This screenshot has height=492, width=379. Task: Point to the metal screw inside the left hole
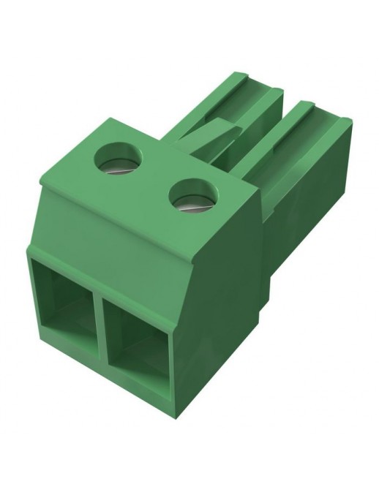click(x=121, y=162)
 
